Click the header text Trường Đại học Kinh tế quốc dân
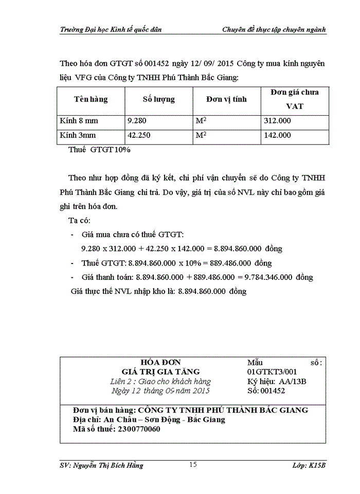click(x=111, y=29)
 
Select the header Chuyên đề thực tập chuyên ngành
click(x=274, y=29)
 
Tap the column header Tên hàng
click(x=91, y=99)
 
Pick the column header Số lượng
click(x=158, y=99)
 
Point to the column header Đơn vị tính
click(x=226, y=99)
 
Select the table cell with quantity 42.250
click(x=139, y=135)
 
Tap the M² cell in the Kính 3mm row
click(x=201, y=135)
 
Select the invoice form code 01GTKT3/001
click(x=272, y=372)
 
